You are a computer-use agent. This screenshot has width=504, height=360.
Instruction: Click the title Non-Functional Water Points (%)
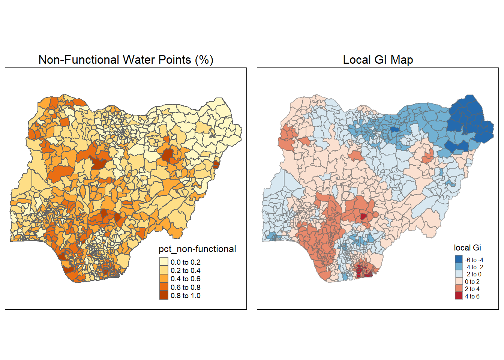point(126,60)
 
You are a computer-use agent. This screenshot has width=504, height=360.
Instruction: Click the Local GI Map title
point(378,60)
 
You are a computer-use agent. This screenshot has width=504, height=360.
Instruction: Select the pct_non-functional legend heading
point(197,249)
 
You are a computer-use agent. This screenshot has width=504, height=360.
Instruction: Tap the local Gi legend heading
point(467,247)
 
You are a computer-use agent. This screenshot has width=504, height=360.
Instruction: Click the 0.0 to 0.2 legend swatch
point(164,262)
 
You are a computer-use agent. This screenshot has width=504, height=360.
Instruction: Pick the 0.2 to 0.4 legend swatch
point(164,270)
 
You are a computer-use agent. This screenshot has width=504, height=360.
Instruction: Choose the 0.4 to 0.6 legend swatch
point(164,279)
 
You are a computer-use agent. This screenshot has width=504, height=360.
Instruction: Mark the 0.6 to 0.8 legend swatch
point(164,287)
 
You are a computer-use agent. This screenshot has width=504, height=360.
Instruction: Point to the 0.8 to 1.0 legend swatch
point(164,295)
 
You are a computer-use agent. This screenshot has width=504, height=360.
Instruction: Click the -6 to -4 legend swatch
point(459,259)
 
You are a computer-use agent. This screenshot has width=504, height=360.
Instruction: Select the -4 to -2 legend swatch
point(459,267)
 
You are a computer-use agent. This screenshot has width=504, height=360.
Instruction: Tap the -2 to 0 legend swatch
point(459,274)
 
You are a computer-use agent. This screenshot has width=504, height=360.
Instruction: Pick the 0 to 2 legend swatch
point(459,282)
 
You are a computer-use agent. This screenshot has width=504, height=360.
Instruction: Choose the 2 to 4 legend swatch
point(459,289)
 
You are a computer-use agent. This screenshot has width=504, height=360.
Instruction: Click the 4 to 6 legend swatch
point(459,296)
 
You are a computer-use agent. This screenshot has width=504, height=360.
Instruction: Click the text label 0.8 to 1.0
point(186,295)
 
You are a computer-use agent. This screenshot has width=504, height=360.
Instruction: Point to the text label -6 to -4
point(474,260)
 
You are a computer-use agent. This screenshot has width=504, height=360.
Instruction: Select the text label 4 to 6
point(472,296)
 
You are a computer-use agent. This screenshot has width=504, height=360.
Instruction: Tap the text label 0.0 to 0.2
point(186,262)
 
